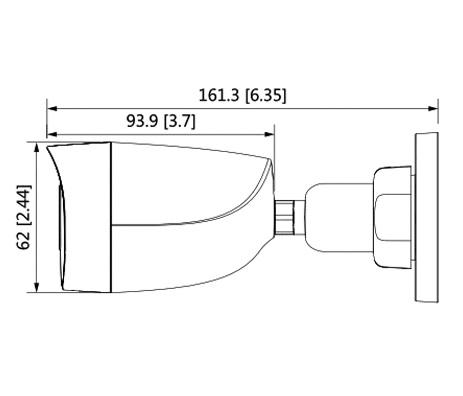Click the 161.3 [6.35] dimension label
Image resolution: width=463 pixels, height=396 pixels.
[242, 96]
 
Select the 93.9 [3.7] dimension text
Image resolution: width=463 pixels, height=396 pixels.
[161, 121]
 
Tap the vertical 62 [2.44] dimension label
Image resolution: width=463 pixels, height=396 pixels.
[23, 217]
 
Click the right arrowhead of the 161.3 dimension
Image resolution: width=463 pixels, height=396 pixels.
[433, 109]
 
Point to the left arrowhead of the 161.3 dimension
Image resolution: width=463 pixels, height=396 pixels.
[52, 109]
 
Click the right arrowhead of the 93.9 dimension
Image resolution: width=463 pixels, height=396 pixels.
[270, 135]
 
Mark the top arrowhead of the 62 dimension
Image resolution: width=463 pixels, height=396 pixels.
[37, 147]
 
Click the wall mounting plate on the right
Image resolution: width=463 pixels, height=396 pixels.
[426, 217]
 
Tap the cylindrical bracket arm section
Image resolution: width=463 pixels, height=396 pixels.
[338, 217]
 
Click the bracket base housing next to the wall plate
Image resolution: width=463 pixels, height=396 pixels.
[392, 217]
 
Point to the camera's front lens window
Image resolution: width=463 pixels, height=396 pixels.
[62, 232]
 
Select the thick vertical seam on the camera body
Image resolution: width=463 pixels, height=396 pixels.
[111, 217]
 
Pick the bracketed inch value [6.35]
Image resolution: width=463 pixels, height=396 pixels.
[265, 96]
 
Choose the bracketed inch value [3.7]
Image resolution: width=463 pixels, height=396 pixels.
[180, 121]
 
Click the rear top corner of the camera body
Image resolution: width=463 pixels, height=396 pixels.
[268, 158]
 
